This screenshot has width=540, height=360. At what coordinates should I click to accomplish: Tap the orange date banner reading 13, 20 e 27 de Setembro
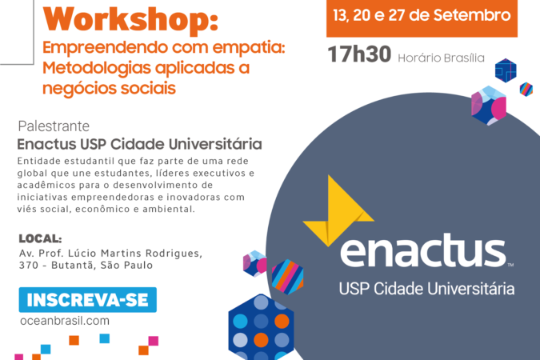click(x=422, y=18)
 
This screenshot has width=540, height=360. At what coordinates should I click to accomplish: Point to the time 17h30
click(x=359, y=54)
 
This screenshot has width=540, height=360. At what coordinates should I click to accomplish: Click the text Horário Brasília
click(x=441, y=58)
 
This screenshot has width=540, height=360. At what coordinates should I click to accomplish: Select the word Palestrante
click(x=54, y=126)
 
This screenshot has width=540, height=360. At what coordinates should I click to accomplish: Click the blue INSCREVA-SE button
click(x=88, y=300)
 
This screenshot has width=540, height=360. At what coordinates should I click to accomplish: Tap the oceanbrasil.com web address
click(x=65, y=321)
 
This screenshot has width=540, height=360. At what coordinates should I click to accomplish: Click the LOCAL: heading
click(x=40, y=238)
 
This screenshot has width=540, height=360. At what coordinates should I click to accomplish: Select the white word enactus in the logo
click(x=423, y=250)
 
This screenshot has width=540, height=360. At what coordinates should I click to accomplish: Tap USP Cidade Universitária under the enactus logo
click(x=426, y=289)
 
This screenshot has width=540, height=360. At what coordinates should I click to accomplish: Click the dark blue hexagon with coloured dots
click(x=261, y=327)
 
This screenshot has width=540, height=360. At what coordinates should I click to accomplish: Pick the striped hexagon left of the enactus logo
click(x=287, y=277)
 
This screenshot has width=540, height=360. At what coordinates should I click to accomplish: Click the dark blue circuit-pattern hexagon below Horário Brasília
click(x=506, y=70)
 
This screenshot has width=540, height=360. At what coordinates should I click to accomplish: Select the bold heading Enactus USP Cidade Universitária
click(x=139, y=144)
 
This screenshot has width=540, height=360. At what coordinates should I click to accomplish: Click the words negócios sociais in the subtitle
click(x=109, y=89)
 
